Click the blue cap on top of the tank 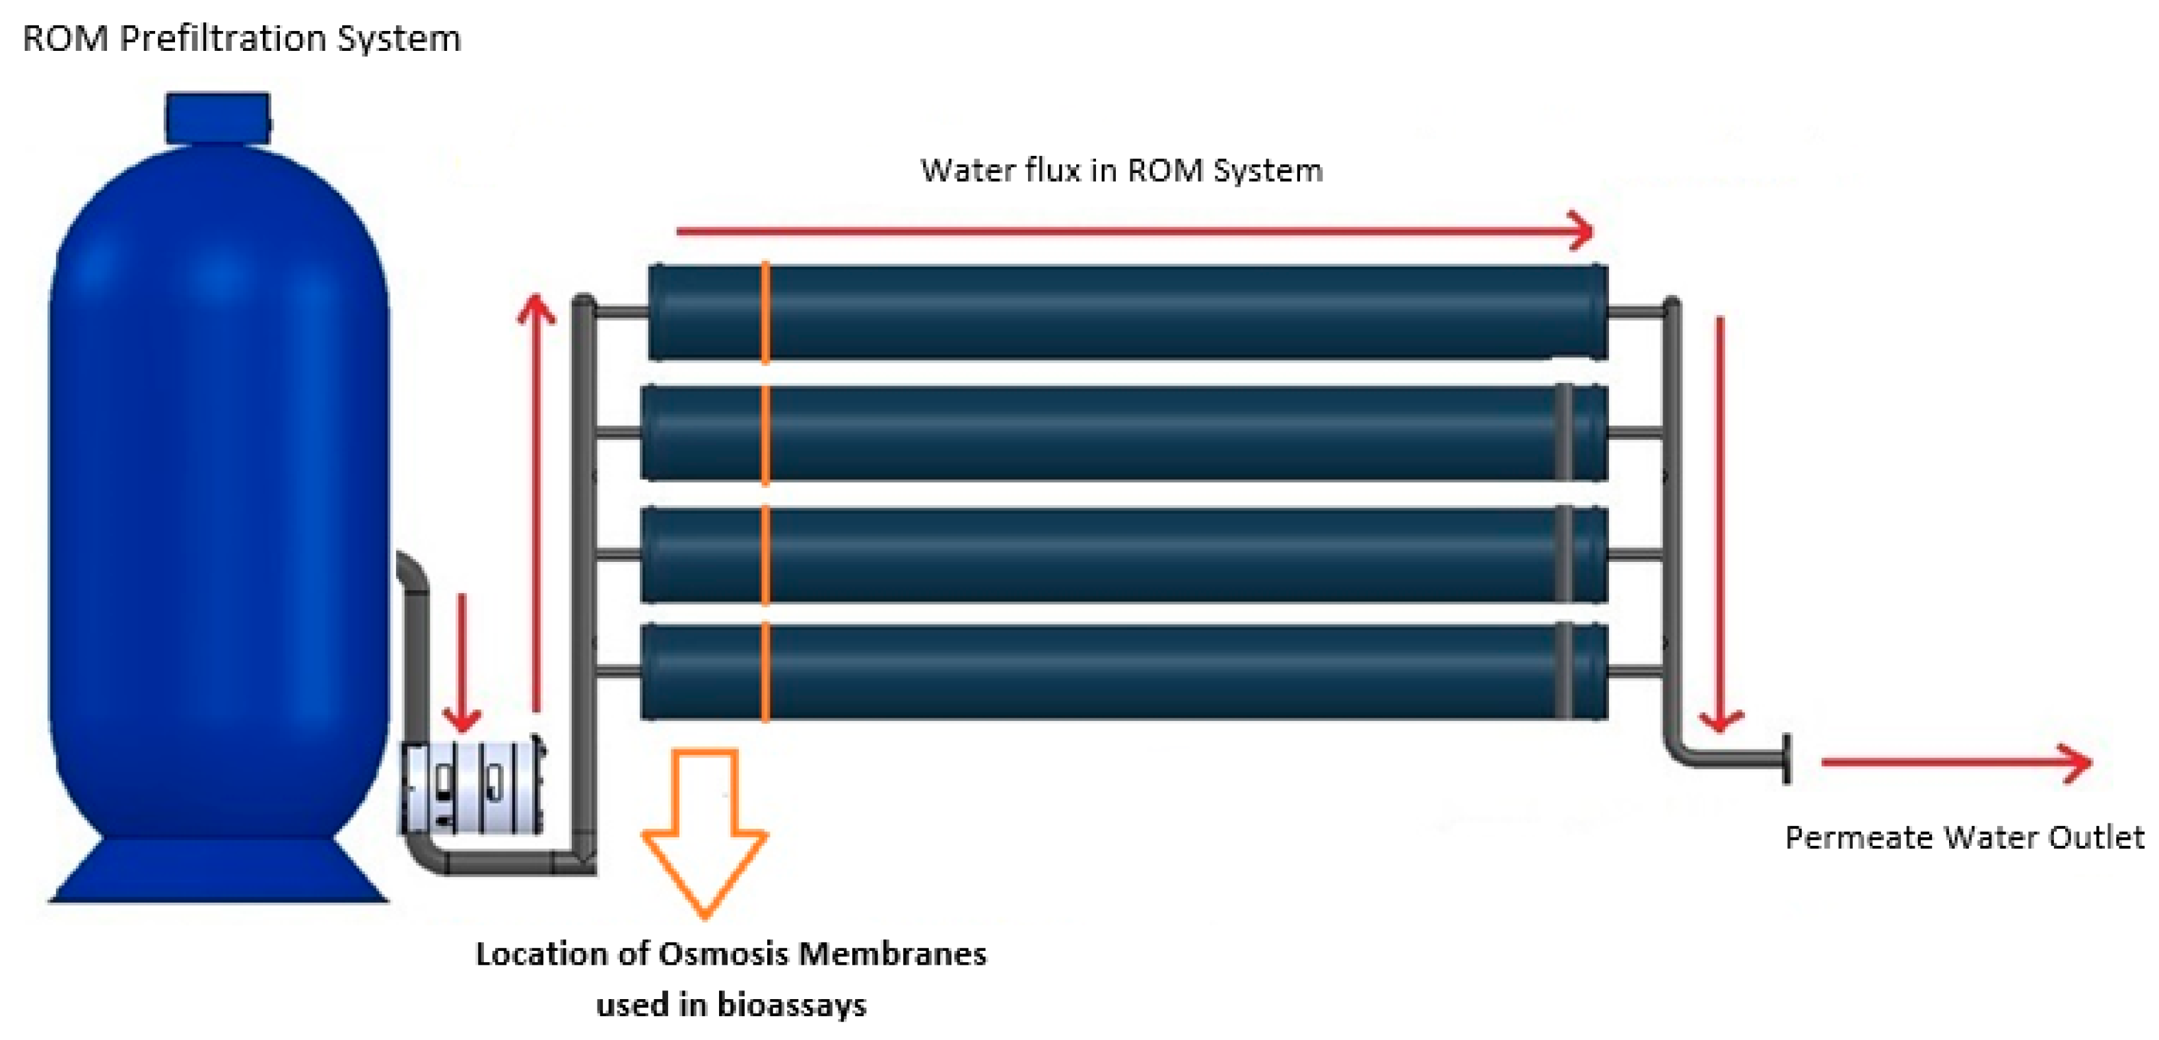[x=218, y=118]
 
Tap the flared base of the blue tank [x=218, y=872]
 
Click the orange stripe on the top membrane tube [x=765, y=312]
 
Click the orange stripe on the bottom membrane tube [x=765, y=672]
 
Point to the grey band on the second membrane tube [x=1563, y=432]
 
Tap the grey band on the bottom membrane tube [x=1563, y=672]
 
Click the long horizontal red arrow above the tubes [x=1132, y=230]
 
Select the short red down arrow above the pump [x=461, y=662]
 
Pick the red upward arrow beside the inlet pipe [x=535, y=503]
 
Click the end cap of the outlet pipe [x=1786, y=759]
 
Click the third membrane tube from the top [x=1123, y=554]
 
